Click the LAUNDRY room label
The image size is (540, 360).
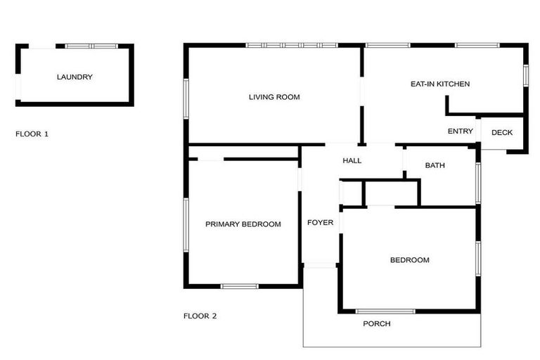click(x=75, y=77)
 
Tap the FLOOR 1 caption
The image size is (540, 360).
click(x=32, y=133)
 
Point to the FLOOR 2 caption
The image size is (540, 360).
click(x=200, y=316)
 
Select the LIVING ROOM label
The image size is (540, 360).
click(x=274, y=97)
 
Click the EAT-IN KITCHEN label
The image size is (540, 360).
click(x=440, y=84)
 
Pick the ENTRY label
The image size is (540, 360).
click(x=461, y=131)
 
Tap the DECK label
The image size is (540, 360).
click(x=502, y=132)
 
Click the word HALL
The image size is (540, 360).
click(x=352, y=160)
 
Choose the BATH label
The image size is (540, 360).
click(x=435, y=165)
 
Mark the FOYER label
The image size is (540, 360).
click(x=320, y=223)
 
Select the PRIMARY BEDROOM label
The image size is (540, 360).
click(x=243, y=224)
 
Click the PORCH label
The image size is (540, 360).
click(x=376, y=323)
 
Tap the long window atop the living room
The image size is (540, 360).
click(x=291, y=46)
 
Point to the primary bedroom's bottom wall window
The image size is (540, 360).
click(x=240, y=285)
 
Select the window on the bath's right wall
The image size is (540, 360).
click(x=478, y=183)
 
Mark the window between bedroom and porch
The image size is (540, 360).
click(x=385, y=311)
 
